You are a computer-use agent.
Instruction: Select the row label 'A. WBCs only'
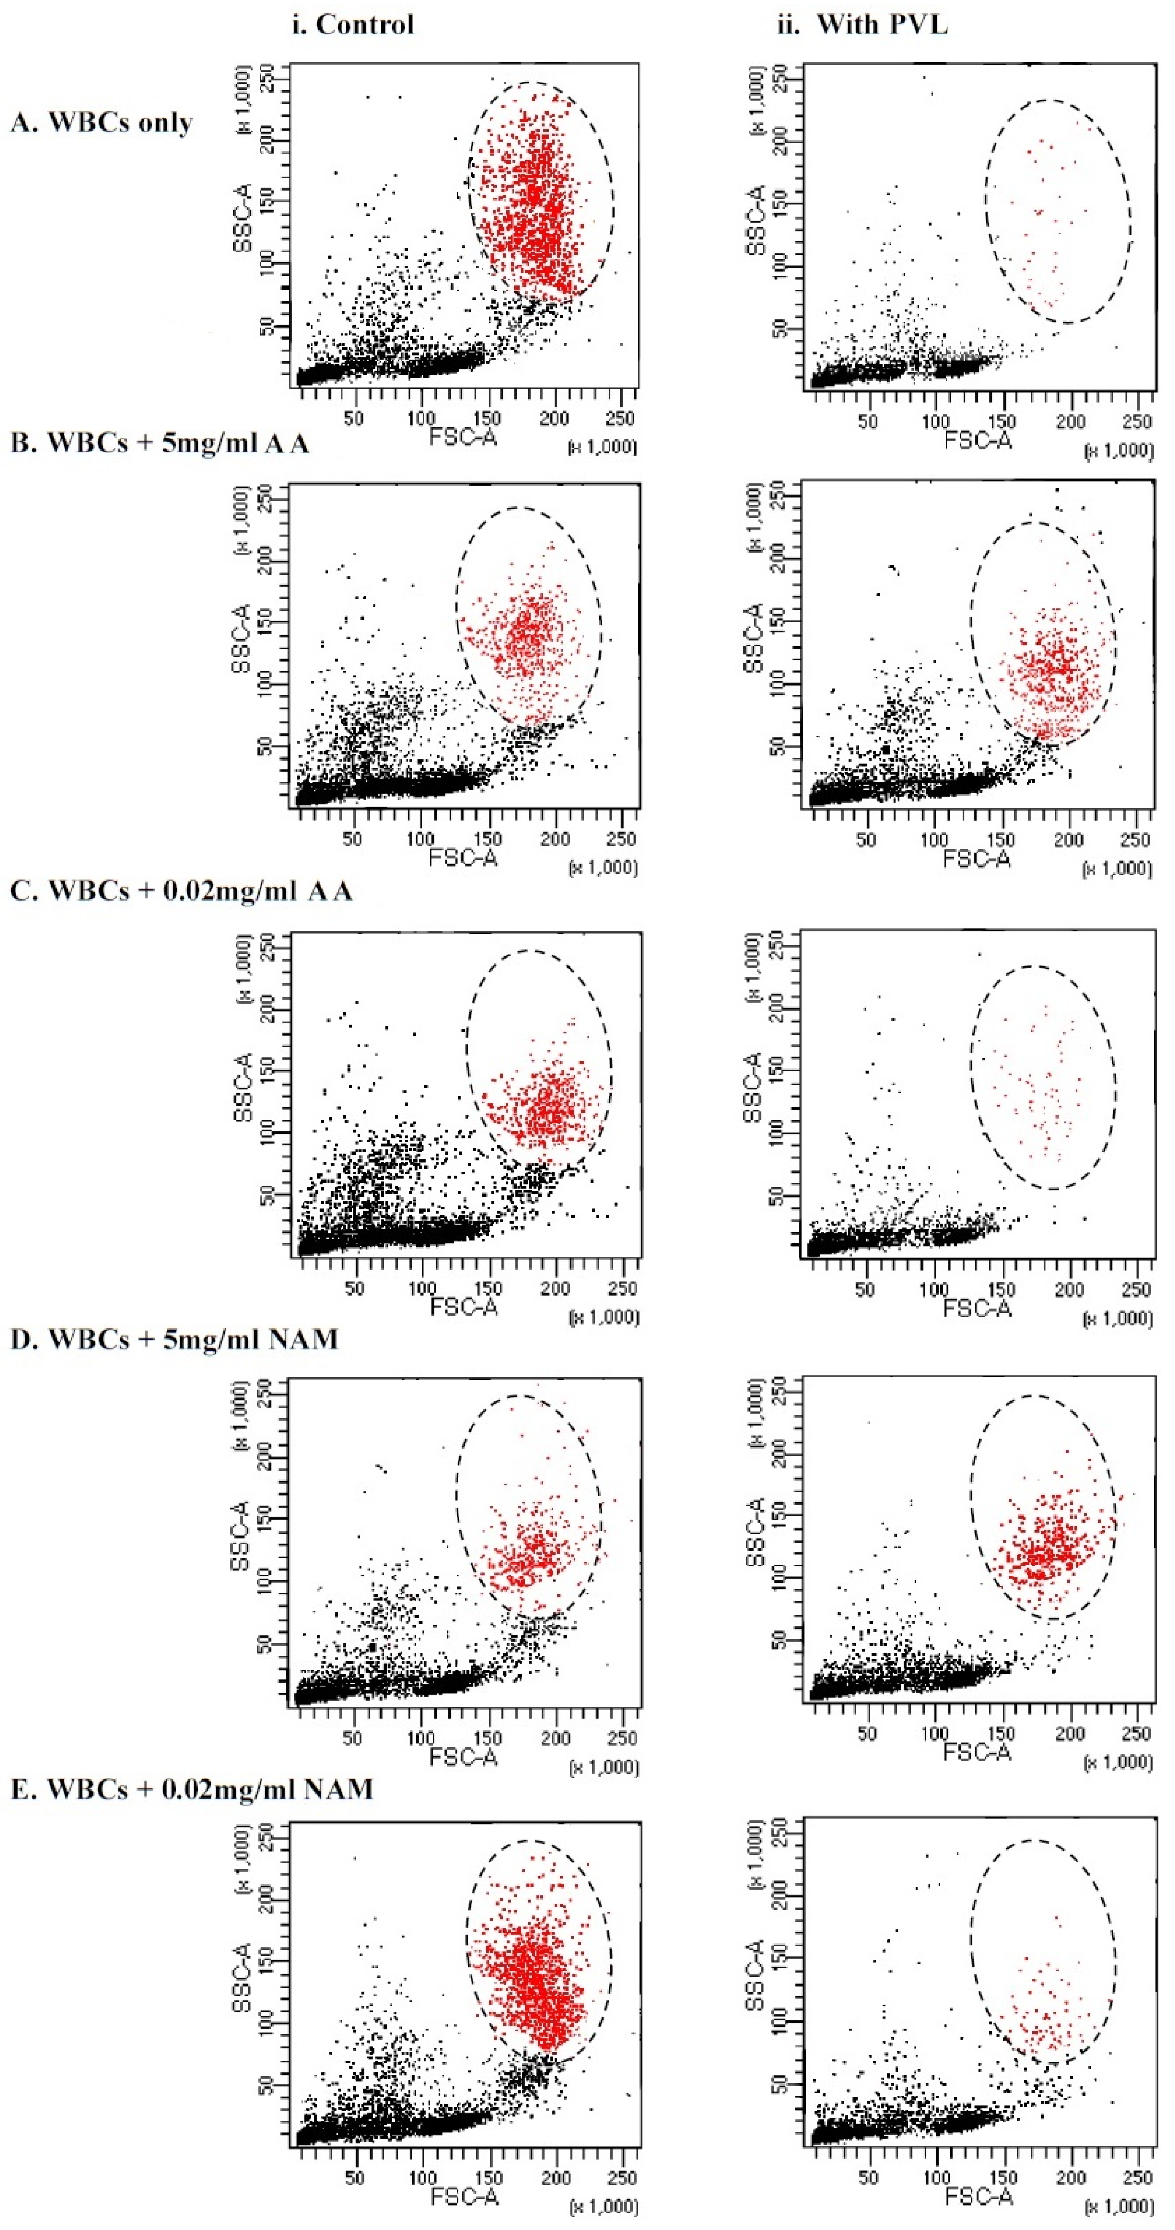pos(101,122)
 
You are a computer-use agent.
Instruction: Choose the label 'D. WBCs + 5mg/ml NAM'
pos(174,1339)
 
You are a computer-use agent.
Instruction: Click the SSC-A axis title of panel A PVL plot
pos(755,221)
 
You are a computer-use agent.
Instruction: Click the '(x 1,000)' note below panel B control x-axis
pos(603,868)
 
